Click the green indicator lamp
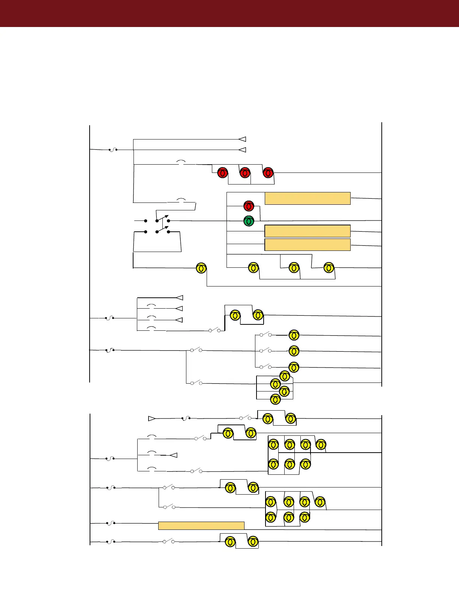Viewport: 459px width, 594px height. tap(249, 221)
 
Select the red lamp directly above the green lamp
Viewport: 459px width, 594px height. tap(249, 206)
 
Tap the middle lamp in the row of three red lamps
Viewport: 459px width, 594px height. tap(245, 173)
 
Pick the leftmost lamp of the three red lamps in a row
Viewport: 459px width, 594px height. tap(222, 173)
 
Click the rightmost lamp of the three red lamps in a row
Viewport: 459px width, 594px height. tap(268, 173)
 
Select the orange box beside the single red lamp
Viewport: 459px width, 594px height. tap(307, 198)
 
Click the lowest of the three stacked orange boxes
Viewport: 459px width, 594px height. tap(307, 244)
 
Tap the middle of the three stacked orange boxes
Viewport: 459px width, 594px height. tap(307, 231)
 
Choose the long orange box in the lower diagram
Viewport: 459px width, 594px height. tap(201, 525)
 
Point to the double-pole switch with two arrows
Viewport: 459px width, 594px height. tap(162, 224)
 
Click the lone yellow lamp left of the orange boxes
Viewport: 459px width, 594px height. tap(201, 268)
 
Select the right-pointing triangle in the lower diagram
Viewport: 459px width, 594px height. tap(152, 418)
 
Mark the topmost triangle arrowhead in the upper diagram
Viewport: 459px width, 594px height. tap(242, 139)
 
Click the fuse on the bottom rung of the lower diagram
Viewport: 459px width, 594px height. tap(111, 541)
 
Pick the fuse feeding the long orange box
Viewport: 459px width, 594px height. tap(111, 523)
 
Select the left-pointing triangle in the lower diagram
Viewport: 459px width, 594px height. tap(174, 455)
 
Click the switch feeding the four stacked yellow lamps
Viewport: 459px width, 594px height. tap(196, 383)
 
